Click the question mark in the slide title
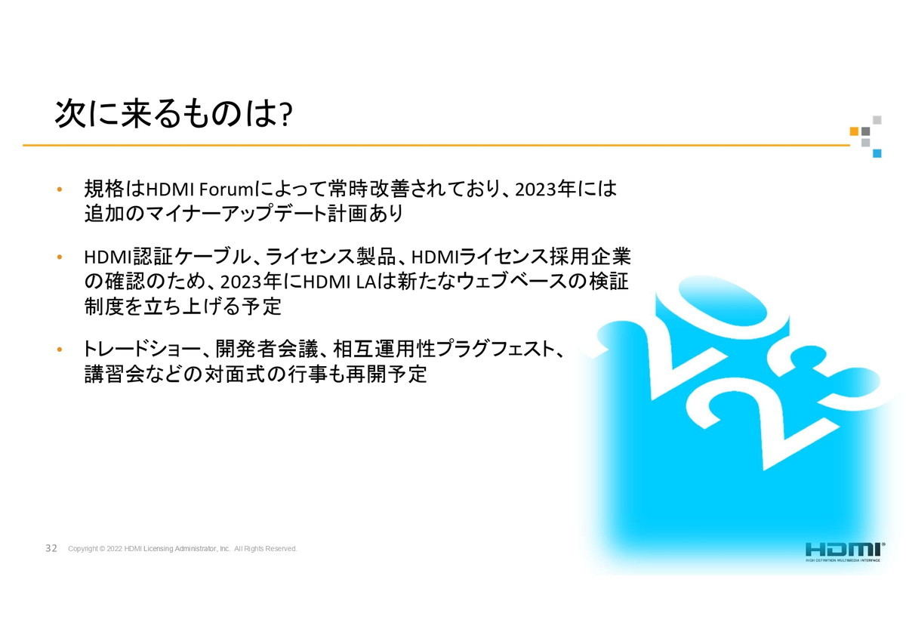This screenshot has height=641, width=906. (286, 115)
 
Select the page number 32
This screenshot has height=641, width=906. (51, 548)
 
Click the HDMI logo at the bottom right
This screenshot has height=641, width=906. (845, 552)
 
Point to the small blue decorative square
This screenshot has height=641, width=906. (877, 153)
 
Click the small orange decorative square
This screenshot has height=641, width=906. (854, 131)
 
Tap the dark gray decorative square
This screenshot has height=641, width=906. (865, 131)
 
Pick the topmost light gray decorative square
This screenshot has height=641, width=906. (877, 120)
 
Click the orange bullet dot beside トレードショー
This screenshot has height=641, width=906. (60, 350)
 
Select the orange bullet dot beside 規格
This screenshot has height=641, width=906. (60, 190)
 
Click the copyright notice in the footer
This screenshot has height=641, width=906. (183, 548)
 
